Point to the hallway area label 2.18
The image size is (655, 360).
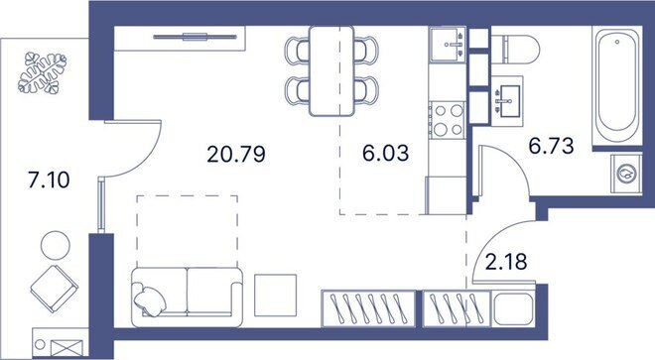503,264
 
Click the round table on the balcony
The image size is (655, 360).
54,243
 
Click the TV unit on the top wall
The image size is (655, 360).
198,37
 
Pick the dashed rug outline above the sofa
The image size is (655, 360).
187,230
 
